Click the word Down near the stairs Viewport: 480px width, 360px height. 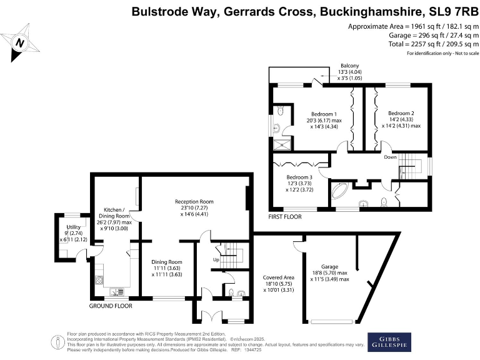391,157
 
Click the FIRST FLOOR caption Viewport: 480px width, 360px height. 284,217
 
